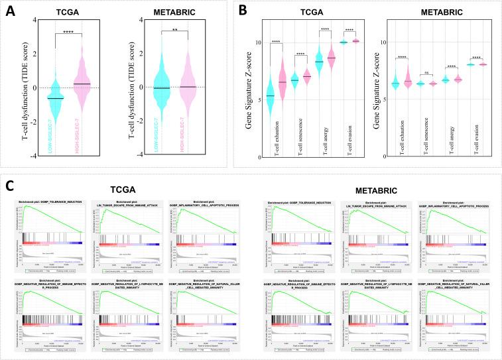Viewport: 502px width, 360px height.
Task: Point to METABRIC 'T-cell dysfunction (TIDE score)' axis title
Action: click(x=125, y=83)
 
